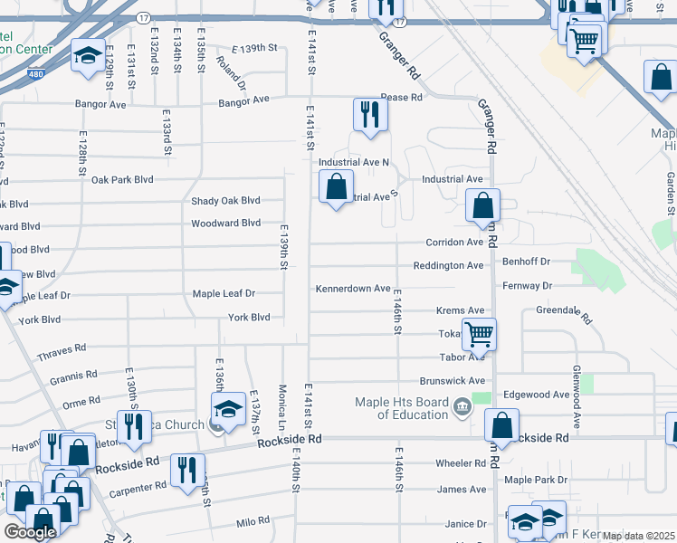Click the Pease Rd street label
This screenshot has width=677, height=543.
(401, 97)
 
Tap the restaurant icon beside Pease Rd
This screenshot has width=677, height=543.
(369, 113)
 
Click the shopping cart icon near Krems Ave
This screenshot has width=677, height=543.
(479, 334)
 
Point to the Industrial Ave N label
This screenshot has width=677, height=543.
(354, 162)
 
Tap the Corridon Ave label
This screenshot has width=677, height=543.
(455, 243)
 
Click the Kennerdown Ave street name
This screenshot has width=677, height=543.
(352, 289)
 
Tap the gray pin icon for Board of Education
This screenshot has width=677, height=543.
(462, 406)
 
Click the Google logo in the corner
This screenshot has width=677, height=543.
(30, 532)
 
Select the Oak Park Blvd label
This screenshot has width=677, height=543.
(122, 179)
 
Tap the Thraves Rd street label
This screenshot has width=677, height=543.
(62, 348)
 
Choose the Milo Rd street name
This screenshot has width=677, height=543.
(253, 521)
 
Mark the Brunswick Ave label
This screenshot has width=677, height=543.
(453, 381)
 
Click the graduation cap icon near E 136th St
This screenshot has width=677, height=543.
(229, 408)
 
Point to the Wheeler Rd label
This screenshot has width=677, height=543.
(461, 462)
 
